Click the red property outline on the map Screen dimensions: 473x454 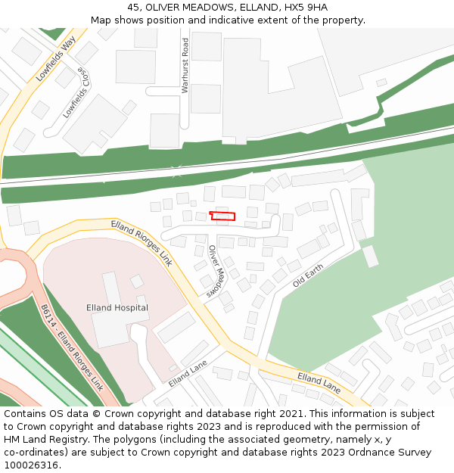click(x=222, y=216)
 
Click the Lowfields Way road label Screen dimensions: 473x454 click(x=56, y=58)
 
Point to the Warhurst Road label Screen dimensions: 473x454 click(x=185, y=66)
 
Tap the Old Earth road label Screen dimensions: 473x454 click(x=308, y=274)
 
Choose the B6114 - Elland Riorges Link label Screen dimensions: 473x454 click(x=73, y=347)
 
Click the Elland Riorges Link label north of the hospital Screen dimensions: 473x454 click(x=141, y=243)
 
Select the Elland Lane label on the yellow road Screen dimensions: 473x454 click(x=319, y=383)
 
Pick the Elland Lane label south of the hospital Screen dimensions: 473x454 click(x=188, y=373)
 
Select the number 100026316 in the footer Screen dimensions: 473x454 click(x=31, y=465)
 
